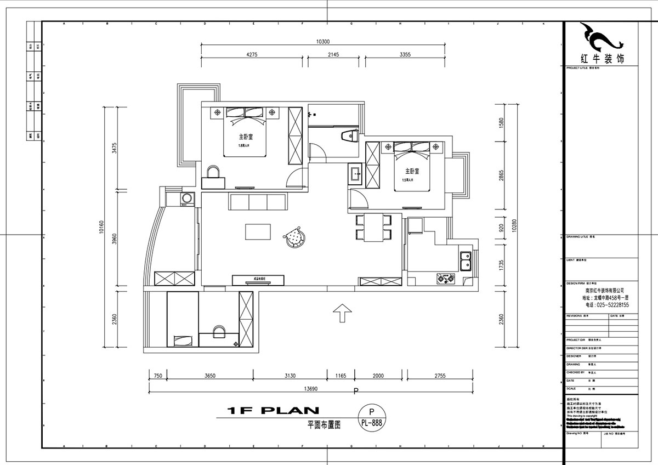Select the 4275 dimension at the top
(x=252, y=54)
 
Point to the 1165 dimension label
(x=341, y=376)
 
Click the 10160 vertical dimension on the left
(x=101, y=227)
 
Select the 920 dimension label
(x=501, y=228)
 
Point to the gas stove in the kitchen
(x=445, y=279)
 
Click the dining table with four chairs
(x=373, y=228)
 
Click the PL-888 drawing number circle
(x=372, y=419)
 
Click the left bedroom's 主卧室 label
(x=245, y=137)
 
